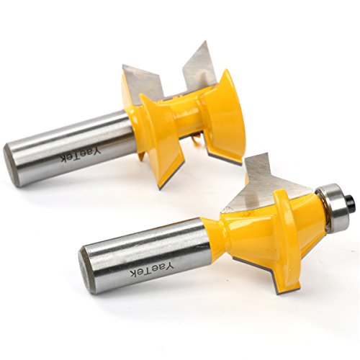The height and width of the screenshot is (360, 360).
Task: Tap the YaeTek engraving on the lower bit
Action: pyautogui.click(x=152, y=269)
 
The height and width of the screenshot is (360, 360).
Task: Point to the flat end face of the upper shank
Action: pyautogui.click(x=12, y=166)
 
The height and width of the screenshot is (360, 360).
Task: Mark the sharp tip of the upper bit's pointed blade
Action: pyautogui.click(x=206, y=41)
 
